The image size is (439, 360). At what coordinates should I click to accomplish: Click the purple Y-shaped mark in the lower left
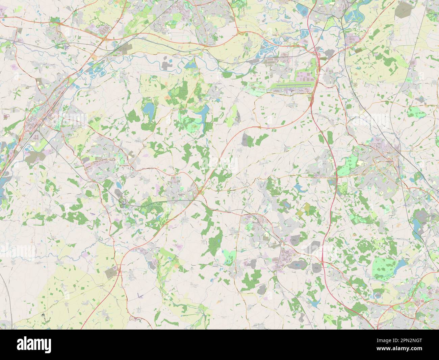tap(140, 295)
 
